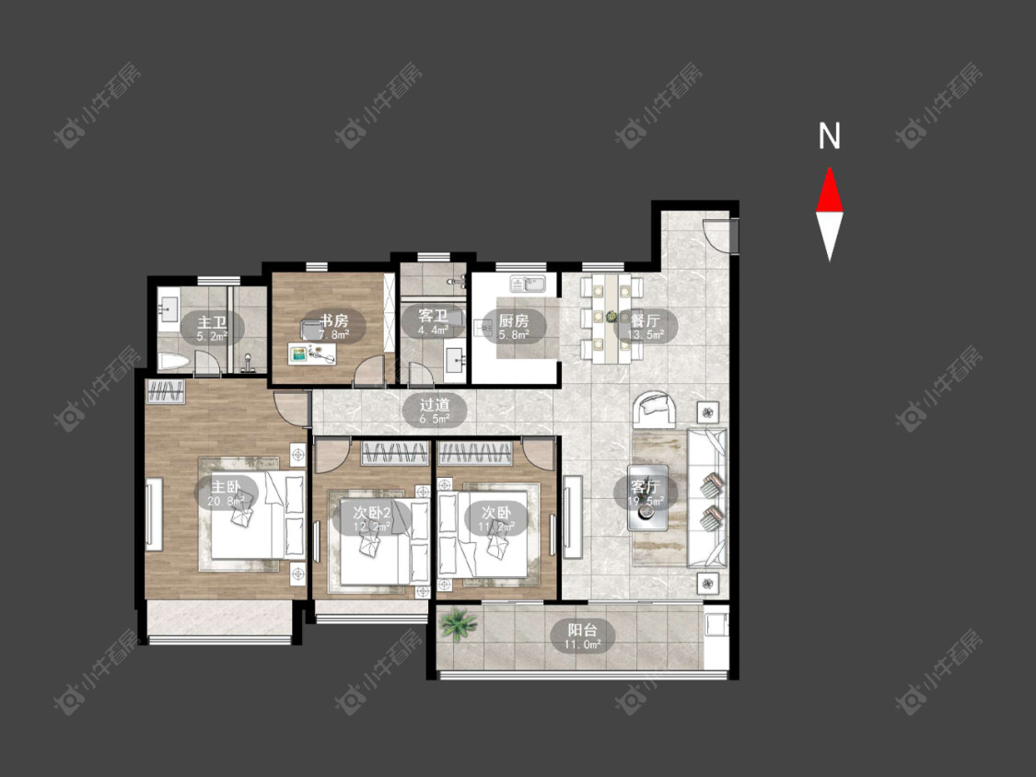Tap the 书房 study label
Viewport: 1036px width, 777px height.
tap(333, 321)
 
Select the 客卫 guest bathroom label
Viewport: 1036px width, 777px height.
tap(433, 316)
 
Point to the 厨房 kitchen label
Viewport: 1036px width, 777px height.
tap(514, 321)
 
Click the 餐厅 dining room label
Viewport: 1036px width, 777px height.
tap(645, 321)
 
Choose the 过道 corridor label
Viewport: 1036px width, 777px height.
tap(435, 403)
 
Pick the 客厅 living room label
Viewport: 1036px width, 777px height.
tap(643, 487)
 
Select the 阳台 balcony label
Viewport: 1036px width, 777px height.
tap(583, 631)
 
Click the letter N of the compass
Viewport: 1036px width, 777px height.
tap(830, 136)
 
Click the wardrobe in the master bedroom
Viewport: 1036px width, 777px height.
tap(167, 392)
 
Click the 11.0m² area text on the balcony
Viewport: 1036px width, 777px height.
tap(583, 645)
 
